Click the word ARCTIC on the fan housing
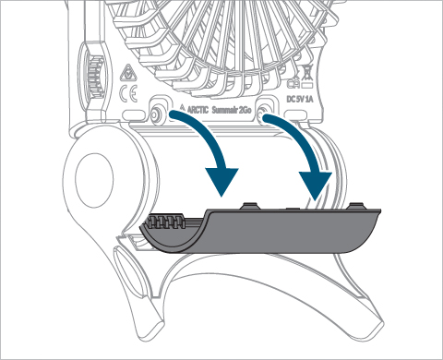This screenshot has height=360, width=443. [x=198, y=110]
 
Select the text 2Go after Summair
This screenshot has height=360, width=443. [x=245, y=110]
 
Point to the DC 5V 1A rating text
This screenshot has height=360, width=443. [x=300, y=99]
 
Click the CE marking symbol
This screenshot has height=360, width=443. [x=128, y=94]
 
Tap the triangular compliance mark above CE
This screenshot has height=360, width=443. [x=126, y=73]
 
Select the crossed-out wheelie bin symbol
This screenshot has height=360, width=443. [x=307, y=74]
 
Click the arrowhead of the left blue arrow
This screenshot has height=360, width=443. [x=222, y=181]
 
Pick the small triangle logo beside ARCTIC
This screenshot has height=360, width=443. [x=183, y=108]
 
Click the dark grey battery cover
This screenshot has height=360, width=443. [x=260, y=230]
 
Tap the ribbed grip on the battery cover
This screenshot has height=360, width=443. [x=165, y=222]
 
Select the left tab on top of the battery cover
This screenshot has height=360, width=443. [x=250, y=206]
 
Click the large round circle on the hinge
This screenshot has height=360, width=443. [x=94, y=180]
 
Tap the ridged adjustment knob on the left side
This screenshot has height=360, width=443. [x=94, y=74]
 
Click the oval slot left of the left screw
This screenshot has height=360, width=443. [x=134, y=115]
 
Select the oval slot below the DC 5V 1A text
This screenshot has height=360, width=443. [x=296, y=114]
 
